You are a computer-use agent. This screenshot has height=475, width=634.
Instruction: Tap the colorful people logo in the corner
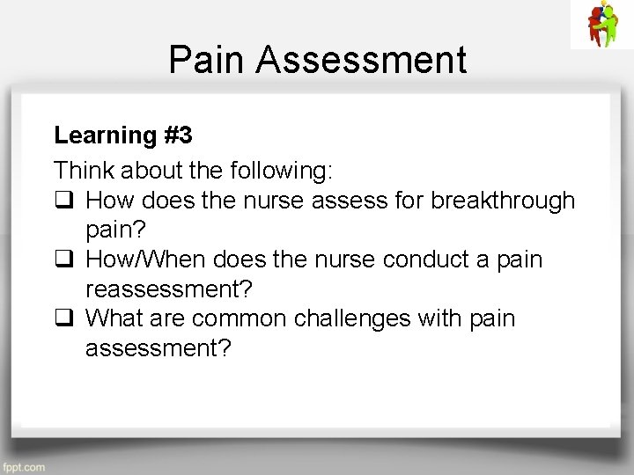click(601, 24)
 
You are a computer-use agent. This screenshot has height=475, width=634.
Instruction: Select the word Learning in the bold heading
click(105, 135)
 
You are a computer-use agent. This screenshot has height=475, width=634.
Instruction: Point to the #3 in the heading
click(178, 135)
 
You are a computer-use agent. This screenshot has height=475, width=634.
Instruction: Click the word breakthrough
click(503, 201)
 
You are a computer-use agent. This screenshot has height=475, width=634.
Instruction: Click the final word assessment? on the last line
click(158, 349)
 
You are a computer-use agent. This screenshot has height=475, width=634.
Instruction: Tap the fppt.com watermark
click(24, 467)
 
